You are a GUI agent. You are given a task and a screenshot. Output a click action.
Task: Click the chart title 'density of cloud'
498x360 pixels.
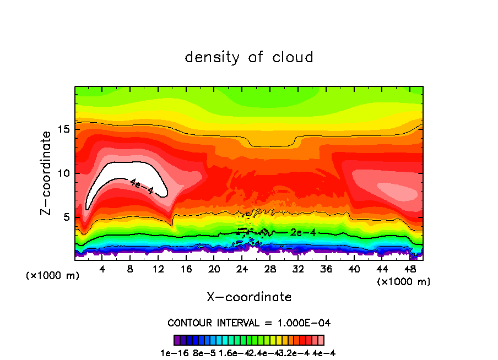pyautogui.click(x=249, y=57)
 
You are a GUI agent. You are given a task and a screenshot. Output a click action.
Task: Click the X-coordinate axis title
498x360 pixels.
pyautogui.click(x=249, y=297)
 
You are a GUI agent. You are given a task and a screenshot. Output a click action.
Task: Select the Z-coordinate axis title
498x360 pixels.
pyautogui.click(x=47, y=173)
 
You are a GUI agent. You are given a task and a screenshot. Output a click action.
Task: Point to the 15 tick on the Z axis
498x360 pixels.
pyautogui.click(x=64, y=129)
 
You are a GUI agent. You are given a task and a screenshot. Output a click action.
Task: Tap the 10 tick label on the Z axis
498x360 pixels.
pyautogui.click(x=64, y=173)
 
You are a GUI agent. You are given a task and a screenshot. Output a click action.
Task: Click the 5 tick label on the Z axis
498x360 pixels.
pyautogui.click(x=67, y=217)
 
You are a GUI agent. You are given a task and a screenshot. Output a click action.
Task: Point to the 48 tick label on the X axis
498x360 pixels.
pyautogui.click(x=409, y=269)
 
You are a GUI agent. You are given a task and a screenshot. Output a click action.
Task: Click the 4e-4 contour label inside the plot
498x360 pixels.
pyautogui.click(x=142, y=186)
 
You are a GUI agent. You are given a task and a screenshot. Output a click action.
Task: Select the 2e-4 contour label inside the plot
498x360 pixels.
pyautogui.click(x=303, y=232)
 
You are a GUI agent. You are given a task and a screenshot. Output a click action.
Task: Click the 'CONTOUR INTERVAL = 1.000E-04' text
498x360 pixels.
pyautogui.click(x=249, y=323)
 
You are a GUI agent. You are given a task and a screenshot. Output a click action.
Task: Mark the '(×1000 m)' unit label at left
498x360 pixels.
pyautogui.click(x=53, y=276)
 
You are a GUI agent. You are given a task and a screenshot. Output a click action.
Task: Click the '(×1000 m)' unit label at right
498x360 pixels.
pyautogui.click(x=404, y=281)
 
